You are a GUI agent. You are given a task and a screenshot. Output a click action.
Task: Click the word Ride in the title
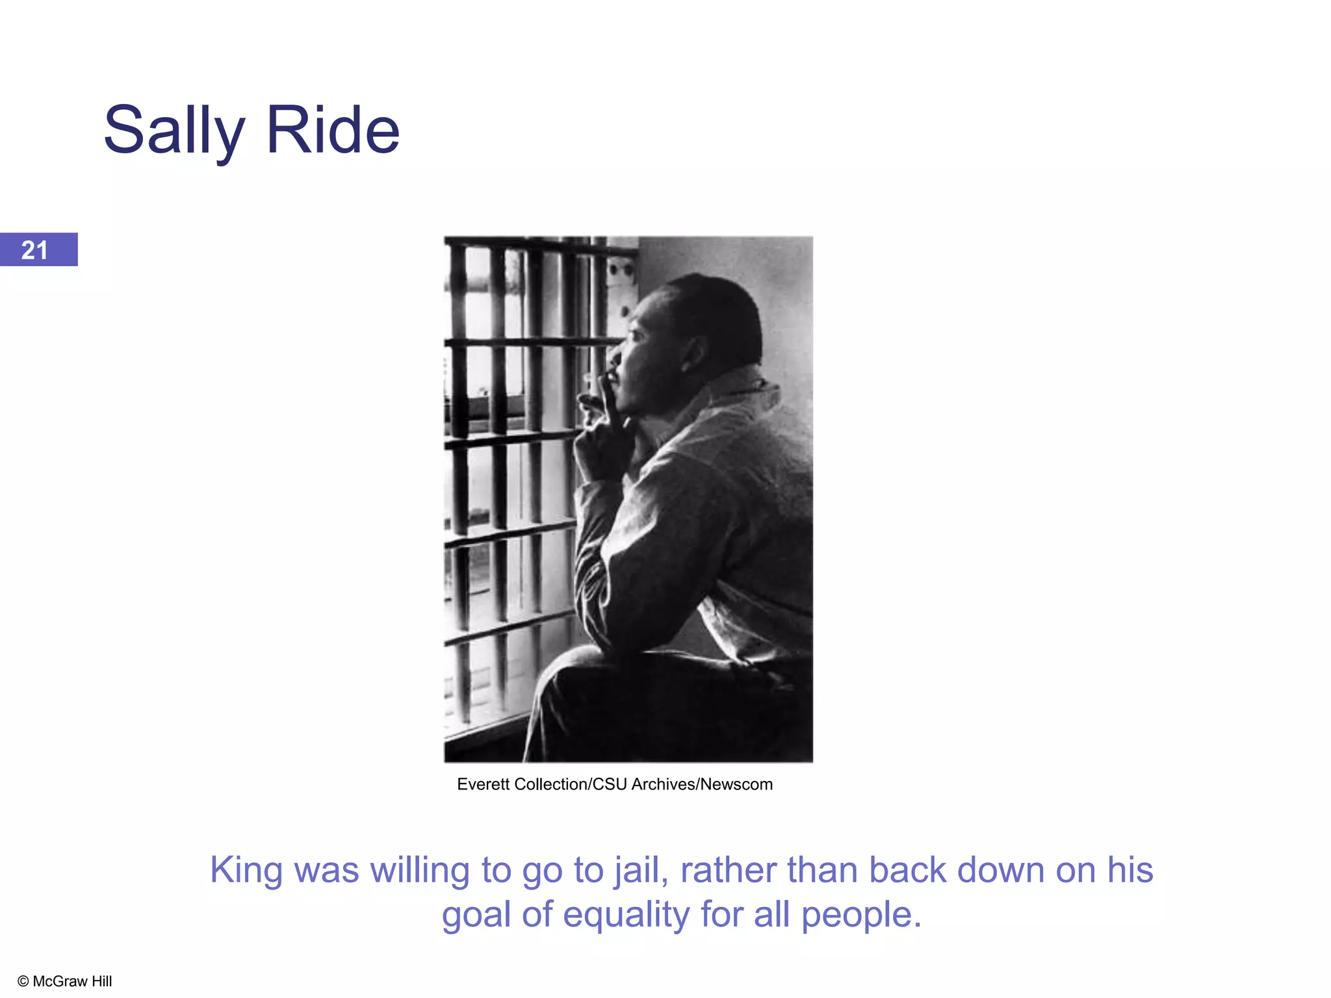[333, 131]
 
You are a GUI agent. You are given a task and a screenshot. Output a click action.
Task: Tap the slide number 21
[34, 250]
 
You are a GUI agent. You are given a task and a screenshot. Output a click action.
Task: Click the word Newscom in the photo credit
[736, 784]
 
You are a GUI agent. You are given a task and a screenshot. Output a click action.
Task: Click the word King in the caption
[246, 871]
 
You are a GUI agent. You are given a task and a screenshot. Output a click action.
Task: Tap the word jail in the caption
[641, 871]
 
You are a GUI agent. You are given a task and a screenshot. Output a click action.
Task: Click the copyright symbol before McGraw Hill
[23, 981]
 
